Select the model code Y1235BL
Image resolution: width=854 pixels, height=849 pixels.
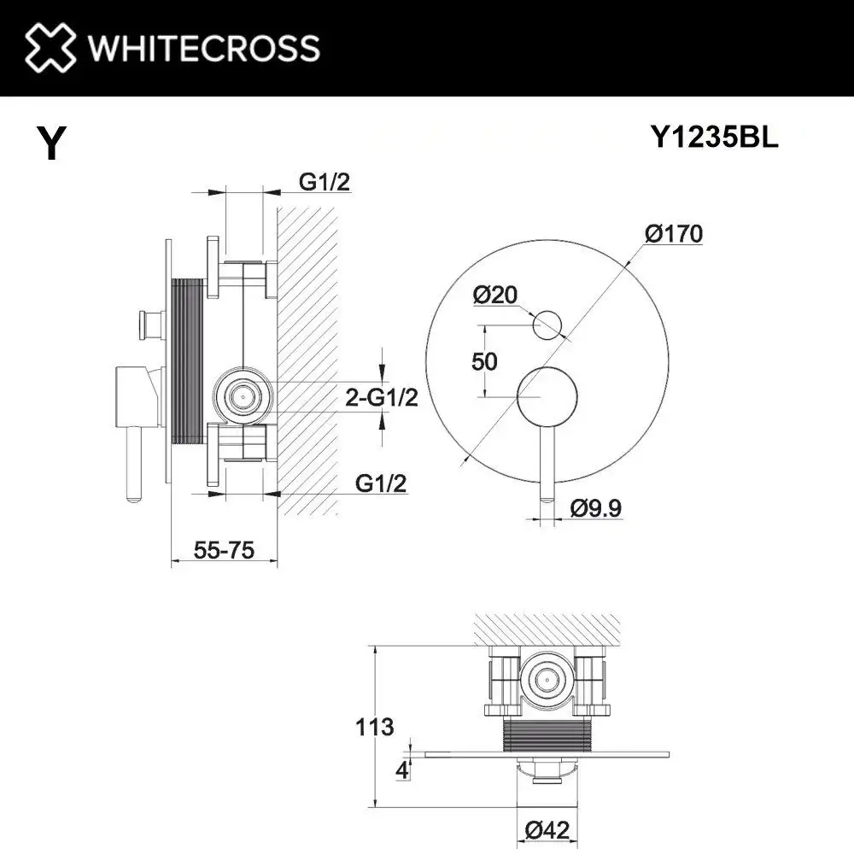[x=714, y=139]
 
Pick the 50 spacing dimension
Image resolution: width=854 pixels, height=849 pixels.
[x=484, y=360]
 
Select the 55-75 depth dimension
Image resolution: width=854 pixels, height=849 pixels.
[x=224, y=551]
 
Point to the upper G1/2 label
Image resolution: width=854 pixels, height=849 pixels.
[x=325, y=181]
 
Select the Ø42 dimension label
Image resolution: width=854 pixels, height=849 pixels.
[x=548, y=829]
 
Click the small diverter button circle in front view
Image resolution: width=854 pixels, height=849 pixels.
[x=547, y=325]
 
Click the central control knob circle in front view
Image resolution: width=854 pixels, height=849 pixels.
[x=548, y=395]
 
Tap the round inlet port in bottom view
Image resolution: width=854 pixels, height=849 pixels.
[x=545, y=678]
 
